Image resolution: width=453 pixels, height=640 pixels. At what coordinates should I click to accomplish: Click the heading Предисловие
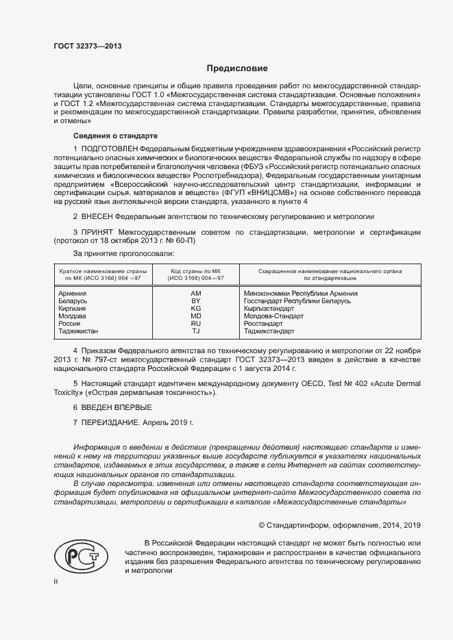coord(237,68)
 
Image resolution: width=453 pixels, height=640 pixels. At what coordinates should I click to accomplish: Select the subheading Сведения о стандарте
coord(106,136)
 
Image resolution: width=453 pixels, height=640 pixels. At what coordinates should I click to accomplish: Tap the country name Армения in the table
coord(73,294)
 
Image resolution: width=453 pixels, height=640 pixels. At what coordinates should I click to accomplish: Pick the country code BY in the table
coord(195,301)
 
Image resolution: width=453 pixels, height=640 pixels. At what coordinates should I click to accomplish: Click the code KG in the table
coord(195,309)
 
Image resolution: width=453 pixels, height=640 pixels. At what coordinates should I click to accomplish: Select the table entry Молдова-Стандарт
coord(274,316)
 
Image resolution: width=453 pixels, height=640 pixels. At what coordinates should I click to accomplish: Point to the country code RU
coord(195,324)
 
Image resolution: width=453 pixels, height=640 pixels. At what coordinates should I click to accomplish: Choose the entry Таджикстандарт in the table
coord(269,331)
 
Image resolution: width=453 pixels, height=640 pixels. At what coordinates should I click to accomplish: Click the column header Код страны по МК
coord(195,272)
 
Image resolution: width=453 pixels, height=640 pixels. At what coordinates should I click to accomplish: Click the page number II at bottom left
coord(56,583)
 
